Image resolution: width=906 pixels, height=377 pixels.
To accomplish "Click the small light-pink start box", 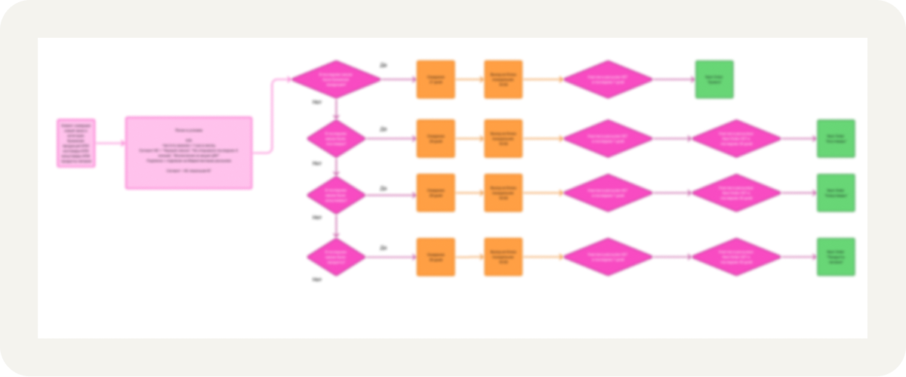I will coord(76,142).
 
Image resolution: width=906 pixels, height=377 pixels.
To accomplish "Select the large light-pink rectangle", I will coord(188,152).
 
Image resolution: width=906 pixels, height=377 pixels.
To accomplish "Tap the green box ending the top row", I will coord(713,79).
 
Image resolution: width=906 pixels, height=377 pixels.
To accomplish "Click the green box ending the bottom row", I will coord(836,257).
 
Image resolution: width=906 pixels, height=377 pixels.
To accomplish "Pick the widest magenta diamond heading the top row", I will coord(336,79).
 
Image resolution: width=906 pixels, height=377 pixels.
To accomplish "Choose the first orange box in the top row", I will coord(436,79).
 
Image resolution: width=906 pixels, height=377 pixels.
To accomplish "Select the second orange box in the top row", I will coord(504,79).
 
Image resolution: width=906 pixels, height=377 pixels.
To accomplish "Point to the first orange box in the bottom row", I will coord(436,257).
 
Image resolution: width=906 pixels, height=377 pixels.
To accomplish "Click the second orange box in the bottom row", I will coord(504,257).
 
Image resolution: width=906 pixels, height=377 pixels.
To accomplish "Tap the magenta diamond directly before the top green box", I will coord(608,79).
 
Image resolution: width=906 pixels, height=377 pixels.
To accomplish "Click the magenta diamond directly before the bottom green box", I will coord(736,257).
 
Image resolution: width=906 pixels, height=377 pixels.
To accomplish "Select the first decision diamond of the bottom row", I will coord(336,257).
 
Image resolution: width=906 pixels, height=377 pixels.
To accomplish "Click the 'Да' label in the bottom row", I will coord(384,247).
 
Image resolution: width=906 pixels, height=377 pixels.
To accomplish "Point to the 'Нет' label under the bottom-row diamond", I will coord(318,280).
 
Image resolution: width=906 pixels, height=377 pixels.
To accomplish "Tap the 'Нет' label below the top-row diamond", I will coord(318,100).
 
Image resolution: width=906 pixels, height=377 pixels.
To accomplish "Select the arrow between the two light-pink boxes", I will coord(110,143).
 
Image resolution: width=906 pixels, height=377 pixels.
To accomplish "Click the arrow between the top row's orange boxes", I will coord(470,79).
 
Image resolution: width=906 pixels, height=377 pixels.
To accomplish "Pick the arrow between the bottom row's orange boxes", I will coord(470,257).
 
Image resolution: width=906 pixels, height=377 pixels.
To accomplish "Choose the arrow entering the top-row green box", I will coord(673,79).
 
